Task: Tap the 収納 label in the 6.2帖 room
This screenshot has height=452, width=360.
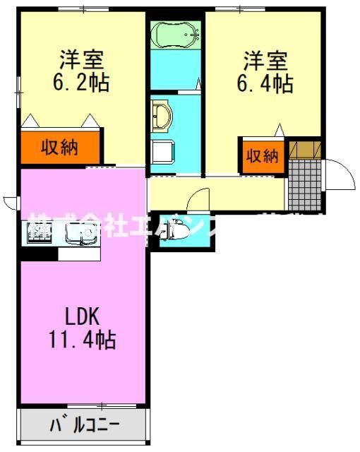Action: coord(59,148)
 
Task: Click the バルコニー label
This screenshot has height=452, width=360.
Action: coord(84,426)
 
